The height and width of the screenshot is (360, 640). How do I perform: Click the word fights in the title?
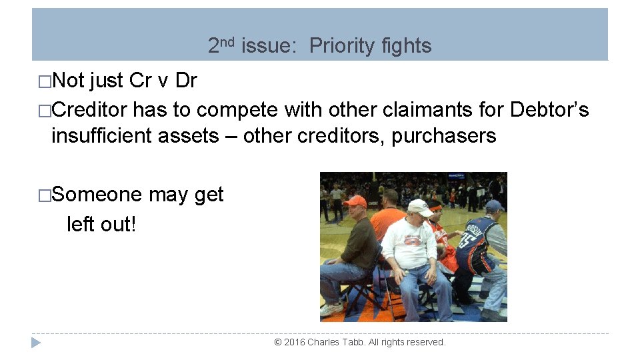407,46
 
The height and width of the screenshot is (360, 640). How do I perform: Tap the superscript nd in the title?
227,41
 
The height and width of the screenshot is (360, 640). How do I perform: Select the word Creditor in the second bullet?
90,109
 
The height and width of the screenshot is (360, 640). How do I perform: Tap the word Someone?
97,195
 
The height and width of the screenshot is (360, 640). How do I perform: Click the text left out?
101,224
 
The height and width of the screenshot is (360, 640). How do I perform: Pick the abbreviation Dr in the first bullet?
186,81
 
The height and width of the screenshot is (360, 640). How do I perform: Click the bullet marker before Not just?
45,82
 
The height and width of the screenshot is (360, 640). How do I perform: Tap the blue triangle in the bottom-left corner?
36,343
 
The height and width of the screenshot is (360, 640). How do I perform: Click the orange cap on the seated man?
355,201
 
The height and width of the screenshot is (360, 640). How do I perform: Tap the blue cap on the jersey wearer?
495,206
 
